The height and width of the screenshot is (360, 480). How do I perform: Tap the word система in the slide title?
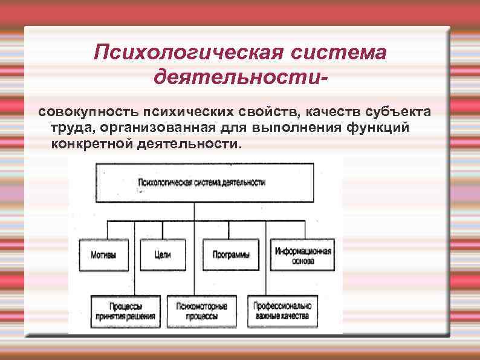339,53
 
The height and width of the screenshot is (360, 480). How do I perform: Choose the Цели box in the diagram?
163,254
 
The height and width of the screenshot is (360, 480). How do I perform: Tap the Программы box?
230,254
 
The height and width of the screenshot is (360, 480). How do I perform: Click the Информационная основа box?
303,255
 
